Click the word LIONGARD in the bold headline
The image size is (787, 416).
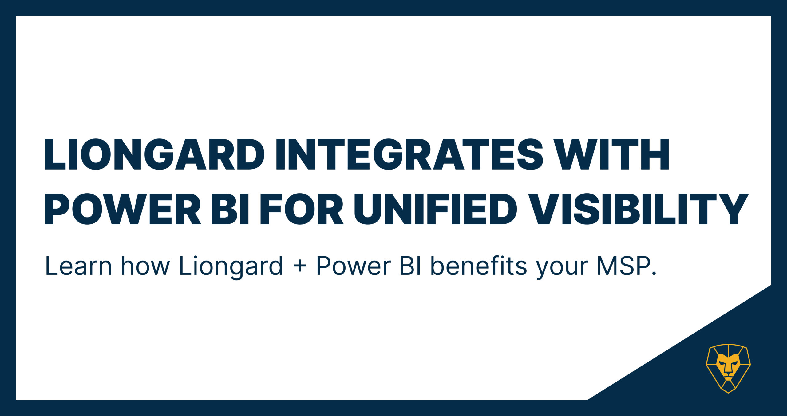point(154,154)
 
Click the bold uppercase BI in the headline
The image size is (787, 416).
point(230,208)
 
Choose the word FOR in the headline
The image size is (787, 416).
point(302,208)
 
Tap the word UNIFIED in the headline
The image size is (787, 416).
point(436,208)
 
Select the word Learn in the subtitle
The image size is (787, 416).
point(78,266)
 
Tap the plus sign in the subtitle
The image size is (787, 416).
point(300,266)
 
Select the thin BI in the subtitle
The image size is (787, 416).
point(411,266)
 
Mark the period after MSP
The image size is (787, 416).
point(654,274)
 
